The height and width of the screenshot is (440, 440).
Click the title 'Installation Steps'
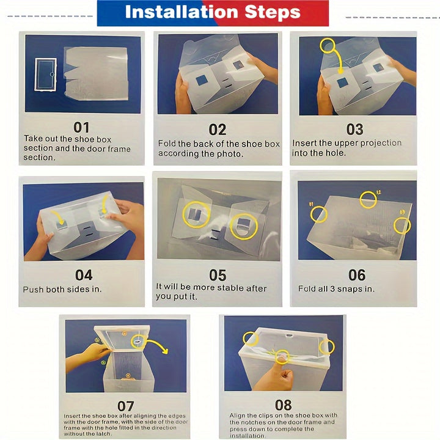(213, 12)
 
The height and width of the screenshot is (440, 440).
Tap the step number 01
(81, 127)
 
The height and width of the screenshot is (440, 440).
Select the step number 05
(218, 275)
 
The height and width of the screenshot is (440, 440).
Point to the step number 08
(284, 405)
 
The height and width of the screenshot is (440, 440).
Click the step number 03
(354, 130)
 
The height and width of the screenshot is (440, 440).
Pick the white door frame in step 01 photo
(45, 75)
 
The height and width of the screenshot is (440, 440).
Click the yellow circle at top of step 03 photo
(328, 45)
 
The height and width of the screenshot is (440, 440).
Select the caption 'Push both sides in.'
(62, 289)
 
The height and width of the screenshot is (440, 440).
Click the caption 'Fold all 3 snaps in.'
(336, 288)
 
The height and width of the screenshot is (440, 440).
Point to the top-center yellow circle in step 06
(368, 199)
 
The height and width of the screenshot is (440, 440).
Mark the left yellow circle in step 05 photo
(196, 215)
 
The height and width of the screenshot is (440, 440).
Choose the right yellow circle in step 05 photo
(244, 227)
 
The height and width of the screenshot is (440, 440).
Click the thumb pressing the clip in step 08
(282, 362)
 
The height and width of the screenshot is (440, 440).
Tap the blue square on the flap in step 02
(201, 81)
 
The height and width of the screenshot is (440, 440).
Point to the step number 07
(126, 406)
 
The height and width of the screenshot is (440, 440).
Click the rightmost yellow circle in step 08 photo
(326, 347)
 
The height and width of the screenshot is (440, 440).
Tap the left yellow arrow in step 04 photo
(58, 216)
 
